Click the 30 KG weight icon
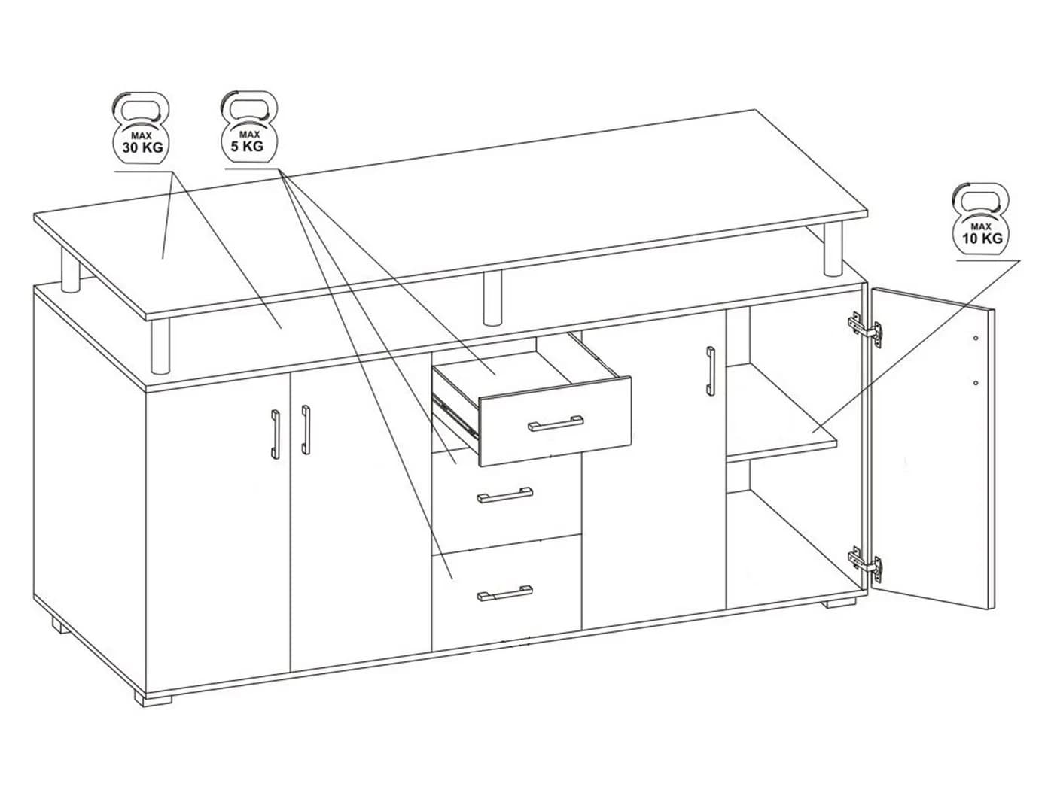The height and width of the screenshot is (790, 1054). pyautogui.click(x=141, y=129)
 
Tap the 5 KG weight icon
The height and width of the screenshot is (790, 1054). pyautogui.click(x=248, y=127)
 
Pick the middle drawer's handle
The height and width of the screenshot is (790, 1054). pyautogui.click(x=504, y=496)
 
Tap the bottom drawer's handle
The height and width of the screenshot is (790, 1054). pyautogui.click(x=504, y=594)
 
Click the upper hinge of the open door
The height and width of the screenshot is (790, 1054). pyautogui.click(x=864, y=329)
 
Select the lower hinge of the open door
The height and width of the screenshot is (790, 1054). pyautogui.click(x=864, y=565)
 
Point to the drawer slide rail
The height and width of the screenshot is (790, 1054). pyautogui.click(x=455, y=415)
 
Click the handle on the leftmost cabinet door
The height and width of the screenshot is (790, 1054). pyautogui.click(x=275, y=435)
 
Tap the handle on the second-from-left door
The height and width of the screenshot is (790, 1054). pyautogui.click(x=306, y=430)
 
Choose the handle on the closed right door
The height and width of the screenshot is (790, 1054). pyautogui.click(x=710, y=371)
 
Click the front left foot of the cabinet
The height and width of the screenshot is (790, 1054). pyautogui.click(x=153, y=700)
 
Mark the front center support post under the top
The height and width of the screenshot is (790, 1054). pyautogui.click(x=492, y=297)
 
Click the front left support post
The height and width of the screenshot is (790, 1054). pyautogui.click(x=160, y=347)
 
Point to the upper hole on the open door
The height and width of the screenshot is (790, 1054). pyautogui.click(x=976, y=338)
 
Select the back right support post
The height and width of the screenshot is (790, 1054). pyautogui.click(x=833, y=250)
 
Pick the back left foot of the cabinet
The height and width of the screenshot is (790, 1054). pyautogui.click(x=60, y=625)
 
